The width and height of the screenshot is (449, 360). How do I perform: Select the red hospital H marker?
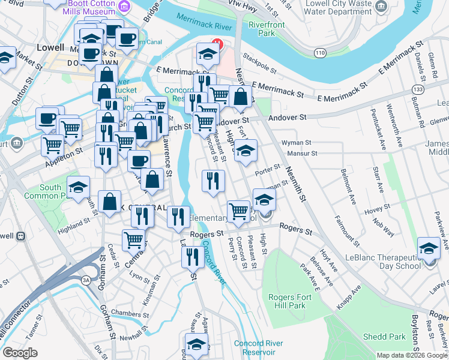pyautogui.click(x=217, y=44)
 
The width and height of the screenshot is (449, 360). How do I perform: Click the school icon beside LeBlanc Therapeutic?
pyautogui.click(x=429, y=248)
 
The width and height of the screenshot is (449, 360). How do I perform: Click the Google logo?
pyautogui.click(x=20, y=353)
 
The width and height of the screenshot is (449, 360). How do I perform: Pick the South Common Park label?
pyautogui.click(x=50, y=191)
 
